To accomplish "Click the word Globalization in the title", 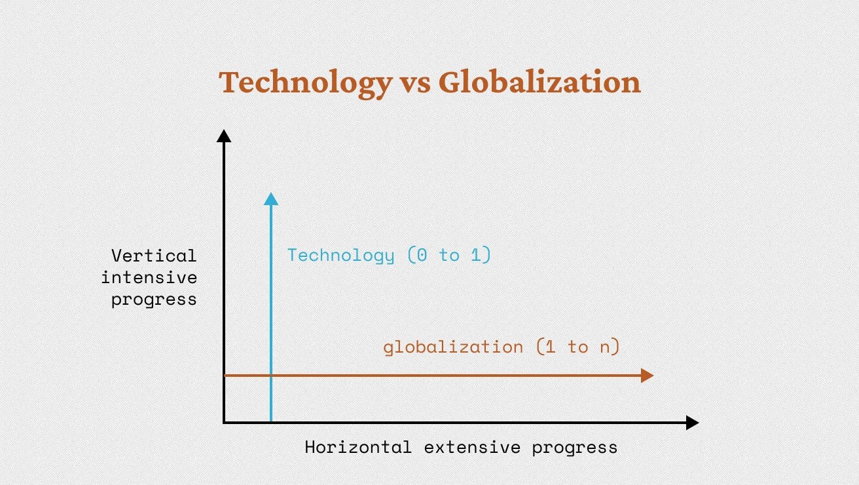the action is pyautogui.click(x=539, y=81).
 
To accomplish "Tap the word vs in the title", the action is pyautogui.click(x=416, y=85).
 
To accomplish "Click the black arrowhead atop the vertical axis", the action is pyautogui.click(x=224, y=136).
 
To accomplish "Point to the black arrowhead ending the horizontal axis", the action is pyautogui.click(x=692, y=423).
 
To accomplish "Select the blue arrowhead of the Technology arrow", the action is pyautogui.click(x=271, y=199).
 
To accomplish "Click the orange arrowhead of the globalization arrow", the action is pyautogui.click(x=648, y=376).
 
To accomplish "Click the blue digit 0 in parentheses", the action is pyautogui.click(x=422, y=255).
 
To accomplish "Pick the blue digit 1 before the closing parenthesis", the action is pyautogui.click(x=475, y=255).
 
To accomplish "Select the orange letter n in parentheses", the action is pyautogui.click(x=605, y=348).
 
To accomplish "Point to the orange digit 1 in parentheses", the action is pyautogui.click(x=550, y=347).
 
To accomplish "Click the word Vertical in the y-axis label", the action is pyautogui.click(x=154, y=256).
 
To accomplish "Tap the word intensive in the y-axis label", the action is pyautogui.click(x=149, y=278).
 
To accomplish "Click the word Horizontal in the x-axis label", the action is pyautogui.click(x=358, y=448).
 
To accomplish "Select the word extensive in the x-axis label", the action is pyautogui.click(x=472, y=448).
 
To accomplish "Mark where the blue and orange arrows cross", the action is pyautogui.click(x=271, y=376).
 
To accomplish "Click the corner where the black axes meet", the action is pyautogui.click(x=224, y=423).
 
